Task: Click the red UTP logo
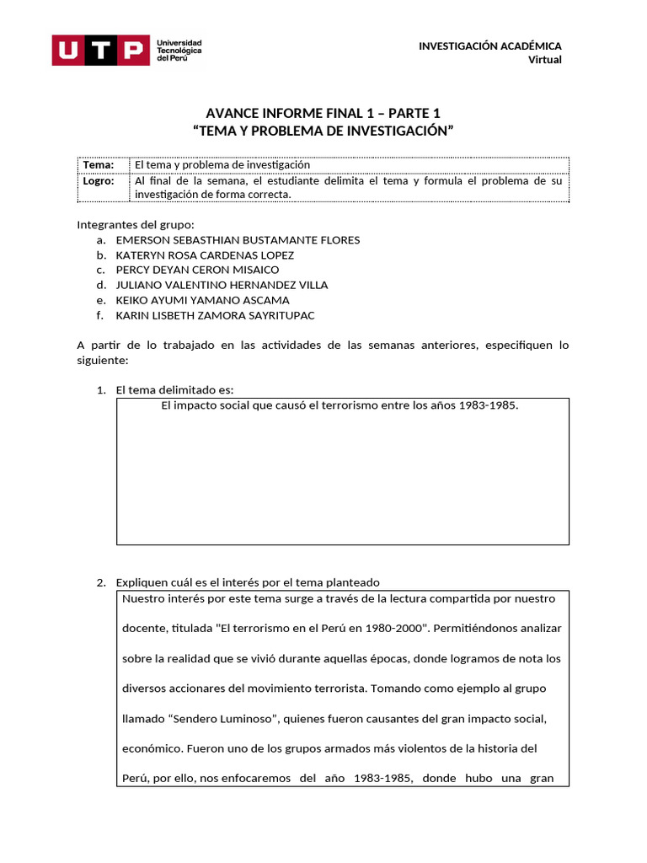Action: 98,50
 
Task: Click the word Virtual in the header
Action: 544,59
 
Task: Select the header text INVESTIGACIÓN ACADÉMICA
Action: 489,46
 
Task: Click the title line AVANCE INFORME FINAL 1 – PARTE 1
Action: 323,114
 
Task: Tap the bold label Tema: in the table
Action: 99,165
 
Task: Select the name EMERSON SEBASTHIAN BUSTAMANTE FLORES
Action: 238,240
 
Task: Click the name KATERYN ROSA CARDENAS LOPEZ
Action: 205,255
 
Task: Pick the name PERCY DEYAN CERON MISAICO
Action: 197,270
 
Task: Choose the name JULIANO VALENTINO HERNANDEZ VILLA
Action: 222,285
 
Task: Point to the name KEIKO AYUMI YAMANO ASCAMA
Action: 202,300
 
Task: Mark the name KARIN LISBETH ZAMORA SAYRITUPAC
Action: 216,315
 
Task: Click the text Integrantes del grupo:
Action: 135,224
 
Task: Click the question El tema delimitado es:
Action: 174,389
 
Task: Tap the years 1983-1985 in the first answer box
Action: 488,405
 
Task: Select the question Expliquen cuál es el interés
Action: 248,582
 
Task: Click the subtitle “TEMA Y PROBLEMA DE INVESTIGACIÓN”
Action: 323,131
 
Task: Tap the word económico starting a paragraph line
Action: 152,748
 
